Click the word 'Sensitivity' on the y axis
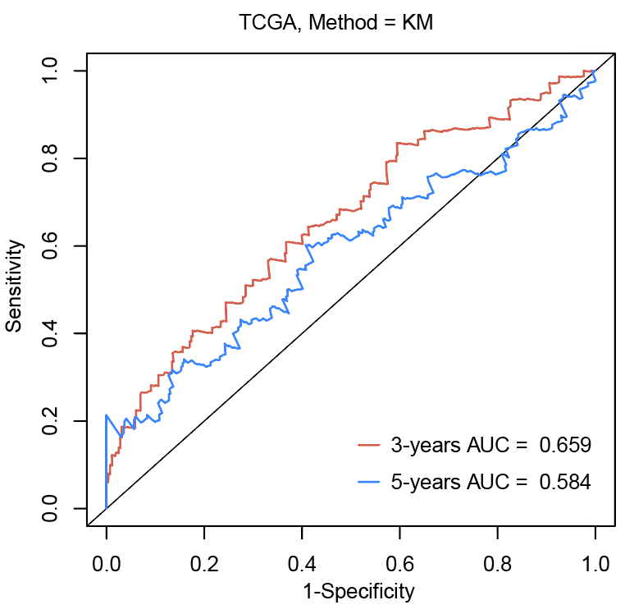(14, 286)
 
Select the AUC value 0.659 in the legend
(565, 446)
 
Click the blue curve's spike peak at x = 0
(106, 415)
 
